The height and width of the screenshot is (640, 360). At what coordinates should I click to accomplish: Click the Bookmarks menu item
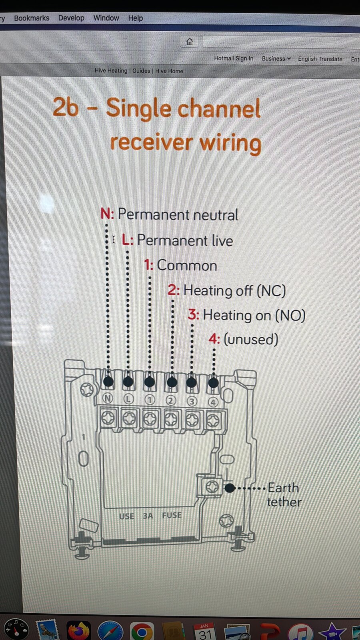32,18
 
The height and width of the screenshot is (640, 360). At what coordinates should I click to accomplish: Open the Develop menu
71,18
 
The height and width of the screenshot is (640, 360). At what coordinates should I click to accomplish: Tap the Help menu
136,18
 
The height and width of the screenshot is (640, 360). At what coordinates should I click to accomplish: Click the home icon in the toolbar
190,42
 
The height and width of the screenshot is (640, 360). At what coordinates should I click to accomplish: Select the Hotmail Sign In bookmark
234,58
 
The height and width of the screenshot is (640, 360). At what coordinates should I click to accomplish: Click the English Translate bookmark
320,59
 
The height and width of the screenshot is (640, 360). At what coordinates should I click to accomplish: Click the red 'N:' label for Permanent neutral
107,214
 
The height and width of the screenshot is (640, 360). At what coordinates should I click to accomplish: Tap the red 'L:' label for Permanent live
128,240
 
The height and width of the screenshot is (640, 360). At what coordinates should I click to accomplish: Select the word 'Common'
187,266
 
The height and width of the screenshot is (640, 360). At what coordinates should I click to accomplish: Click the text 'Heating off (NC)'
234,290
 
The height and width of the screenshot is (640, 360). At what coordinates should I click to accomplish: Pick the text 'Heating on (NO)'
254,316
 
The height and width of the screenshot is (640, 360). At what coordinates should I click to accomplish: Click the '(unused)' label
251,340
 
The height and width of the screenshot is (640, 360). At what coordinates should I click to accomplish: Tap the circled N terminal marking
108,398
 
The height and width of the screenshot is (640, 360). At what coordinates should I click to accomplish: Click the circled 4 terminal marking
212,402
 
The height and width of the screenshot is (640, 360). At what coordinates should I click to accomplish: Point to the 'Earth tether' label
284,495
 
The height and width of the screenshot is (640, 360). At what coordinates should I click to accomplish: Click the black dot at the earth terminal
230,488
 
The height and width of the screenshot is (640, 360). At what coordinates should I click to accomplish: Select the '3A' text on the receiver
148,516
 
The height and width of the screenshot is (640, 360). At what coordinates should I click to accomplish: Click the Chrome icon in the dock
142,631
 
